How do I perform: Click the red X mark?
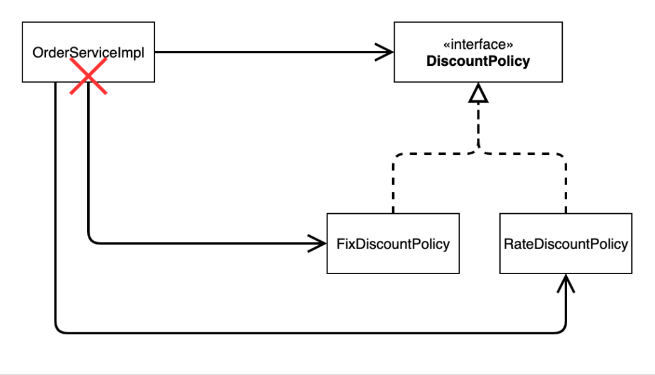[88, 77]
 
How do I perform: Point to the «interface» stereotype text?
[478, 45]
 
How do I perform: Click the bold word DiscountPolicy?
[478, 61]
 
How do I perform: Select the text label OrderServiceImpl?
[88, 53]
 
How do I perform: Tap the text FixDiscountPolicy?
[393, 244]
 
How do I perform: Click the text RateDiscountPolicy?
[566, 244]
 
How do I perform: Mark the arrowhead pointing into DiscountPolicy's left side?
[385, 52]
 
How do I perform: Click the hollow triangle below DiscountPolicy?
[478, 93]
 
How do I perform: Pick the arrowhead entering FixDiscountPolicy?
[317, 243]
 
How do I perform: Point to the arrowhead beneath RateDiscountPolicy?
[566, 283]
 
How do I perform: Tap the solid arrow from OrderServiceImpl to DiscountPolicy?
[274, 52]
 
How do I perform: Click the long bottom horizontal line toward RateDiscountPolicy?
[311, 333]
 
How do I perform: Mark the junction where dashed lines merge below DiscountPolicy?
[478, 151]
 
